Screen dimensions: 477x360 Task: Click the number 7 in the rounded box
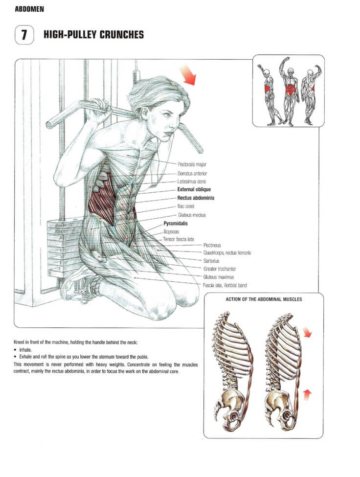tap(23, 35)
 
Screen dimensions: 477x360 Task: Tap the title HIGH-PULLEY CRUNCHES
tap(93, 35)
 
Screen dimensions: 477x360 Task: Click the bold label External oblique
tap(194, 190)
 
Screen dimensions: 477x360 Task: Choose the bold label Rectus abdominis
tap(196, 198)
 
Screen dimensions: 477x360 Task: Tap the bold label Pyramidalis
tap(176, 223)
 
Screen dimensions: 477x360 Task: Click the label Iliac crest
tap(186, 206)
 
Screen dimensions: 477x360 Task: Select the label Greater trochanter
tap(220, 269)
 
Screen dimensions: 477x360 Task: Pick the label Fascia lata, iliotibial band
tap(225, 285)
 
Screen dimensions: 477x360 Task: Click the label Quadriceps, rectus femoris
tap(227, 252)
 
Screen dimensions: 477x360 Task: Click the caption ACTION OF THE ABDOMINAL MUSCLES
tap(264, 299)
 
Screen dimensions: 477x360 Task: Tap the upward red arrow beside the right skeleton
tap(306, 393)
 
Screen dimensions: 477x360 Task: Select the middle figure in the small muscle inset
tap(290, 93)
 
